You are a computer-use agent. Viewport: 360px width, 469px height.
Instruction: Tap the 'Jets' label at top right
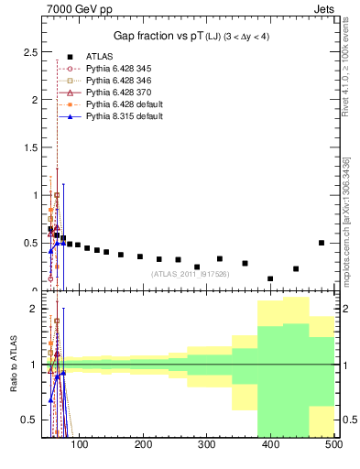(322, 9)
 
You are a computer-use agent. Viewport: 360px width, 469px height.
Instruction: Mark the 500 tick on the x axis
(333, 446)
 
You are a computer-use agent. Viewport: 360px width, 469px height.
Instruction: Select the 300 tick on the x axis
(207, 446)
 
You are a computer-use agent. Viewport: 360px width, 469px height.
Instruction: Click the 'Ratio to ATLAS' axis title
(12, 365)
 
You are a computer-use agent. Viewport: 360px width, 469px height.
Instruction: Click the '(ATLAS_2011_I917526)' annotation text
(191, 274)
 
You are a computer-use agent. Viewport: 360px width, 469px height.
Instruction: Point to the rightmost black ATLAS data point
(321, 243)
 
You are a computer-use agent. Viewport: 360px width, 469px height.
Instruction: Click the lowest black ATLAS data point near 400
(270, 278)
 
